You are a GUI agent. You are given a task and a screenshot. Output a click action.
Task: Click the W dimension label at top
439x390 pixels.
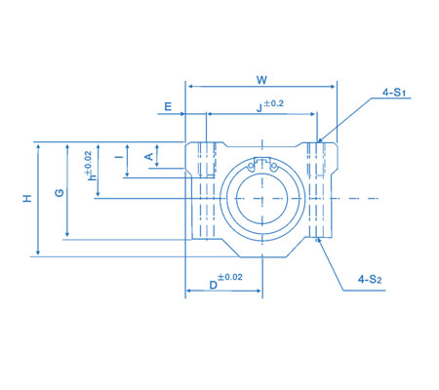click(260, 78)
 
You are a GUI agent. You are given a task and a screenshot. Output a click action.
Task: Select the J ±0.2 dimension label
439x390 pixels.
click(265, 106)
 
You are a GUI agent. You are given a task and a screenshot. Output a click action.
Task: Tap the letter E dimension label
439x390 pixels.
click(169, 105)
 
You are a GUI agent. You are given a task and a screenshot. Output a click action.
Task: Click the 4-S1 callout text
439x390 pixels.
click(394, 93)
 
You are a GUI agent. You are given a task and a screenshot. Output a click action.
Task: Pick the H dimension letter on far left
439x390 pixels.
click(27, 198)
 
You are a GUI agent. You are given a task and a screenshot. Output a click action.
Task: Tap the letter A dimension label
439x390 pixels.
click(148, 155)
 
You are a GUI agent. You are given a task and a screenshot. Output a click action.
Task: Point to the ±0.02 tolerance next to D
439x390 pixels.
click(231, 279)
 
